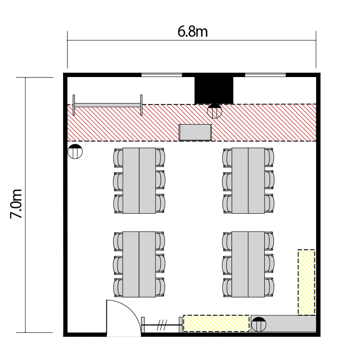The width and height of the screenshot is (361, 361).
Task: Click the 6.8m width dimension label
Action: [x=193, y=32]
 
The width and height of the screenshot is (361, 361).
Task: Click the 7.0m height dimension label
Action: [x=16, y=204]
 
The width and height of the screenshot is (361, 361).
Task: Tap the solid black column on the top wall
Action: [x=214, y=90]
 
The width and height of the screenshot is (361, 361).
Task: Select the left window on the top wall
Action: [x=162, y=75]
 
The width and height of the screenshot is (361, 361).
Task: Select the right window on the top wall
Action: [x=265, y=75]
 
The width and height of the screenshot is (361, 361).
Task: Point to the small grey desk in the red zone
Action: [x=195, y=132]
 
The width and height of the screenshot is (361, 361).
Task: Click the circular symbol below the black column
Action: [x=214, y=111]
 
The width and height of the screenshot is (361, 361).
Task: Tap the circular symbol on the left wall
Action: [x=75, y=151]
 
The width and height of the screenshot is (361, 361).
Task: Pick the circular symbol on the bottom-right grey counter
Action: [x=259, y=324]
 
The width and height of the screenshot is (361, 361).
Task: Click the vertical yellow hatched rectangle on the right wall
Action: [x=306, y=282]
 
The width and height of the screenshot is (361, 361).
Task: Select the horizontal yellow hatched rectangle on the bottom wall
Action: [x=216, y=323]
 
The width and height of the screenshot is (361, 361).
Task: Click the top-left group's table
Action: [x=139, y=180]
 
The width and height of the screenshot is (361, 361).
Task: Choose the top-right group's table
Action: [x=248, y=180]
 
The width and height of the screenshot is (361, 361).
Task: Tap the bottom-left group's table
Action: [x=139, y=264]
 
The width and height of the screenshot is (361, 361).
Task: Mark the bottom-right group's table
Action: [x=248, y=264]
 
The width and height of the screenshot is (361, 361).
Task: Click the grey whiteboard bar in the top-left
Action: [x=107, y=105]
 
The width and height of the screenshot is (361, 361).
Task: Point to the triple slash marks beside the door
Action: [x=162, y=325]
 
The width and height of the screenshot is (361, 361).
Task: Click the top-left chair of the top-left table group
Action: [x=118, y=158]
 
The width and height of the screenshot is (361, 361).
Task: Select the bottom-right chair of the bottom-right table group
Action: [x=270, y=287]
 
